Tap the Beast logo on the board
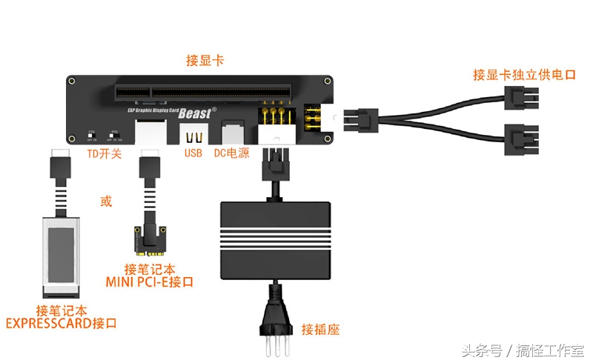coord(196,113)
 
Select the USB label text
coord(193,153)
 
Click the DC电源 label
coord(231,153)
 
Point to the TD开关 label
coord(105,153)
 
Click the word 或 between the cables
coord(106,201)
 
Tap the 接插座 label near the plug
coord(320,328)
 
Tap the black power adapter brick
coord(276,237)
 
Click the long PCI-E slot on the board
coord(200,94)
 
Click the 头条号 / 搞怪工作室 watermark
coord(523,350)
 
